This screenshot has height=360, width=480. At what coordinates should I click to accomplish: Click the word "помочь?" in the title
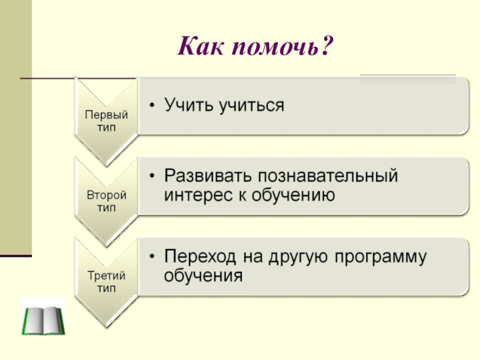click(x=282, y=46)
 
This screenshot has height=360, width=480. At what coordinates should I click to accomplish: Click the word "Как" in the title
click(x=200, y=46)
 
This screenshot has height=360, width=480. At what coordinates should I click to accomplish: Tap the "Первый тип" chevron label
click(x=106, y=121)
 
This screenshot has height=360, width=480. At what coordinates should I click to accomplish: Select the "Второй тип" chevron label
click(x=106, y=201)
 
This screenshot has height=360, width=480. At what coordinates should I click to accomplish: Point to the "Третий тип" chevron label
click(x=106, y=281)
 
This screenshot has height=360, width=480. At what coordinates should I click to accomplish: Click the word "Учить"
click(x=189, y=104)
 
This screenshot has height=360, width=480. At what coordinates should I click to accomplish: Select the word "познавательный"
click(x=328, y=175)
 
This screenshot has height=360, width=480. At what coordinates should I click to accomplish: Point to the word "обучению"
click(x=293, y=196)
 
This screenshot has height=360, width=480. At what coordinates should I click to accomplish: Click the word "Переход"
click(x=200, y=257)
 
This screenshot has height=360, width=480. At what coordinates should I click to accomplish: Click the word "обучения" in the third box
click(x=203, y=276)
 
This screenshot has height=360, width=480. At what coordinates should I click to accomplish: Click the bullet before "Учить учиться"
click(x=152, y=106)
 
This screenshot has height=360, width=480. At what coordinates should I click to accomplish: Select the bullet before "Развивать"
click(x=152, y=176)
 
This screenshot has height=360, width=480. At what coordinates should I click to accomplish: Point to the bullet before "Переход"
click(x=152, y=257)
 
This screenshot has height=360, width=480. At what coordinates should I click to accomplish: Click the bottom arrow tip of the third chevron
click(x=106, y=327)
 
